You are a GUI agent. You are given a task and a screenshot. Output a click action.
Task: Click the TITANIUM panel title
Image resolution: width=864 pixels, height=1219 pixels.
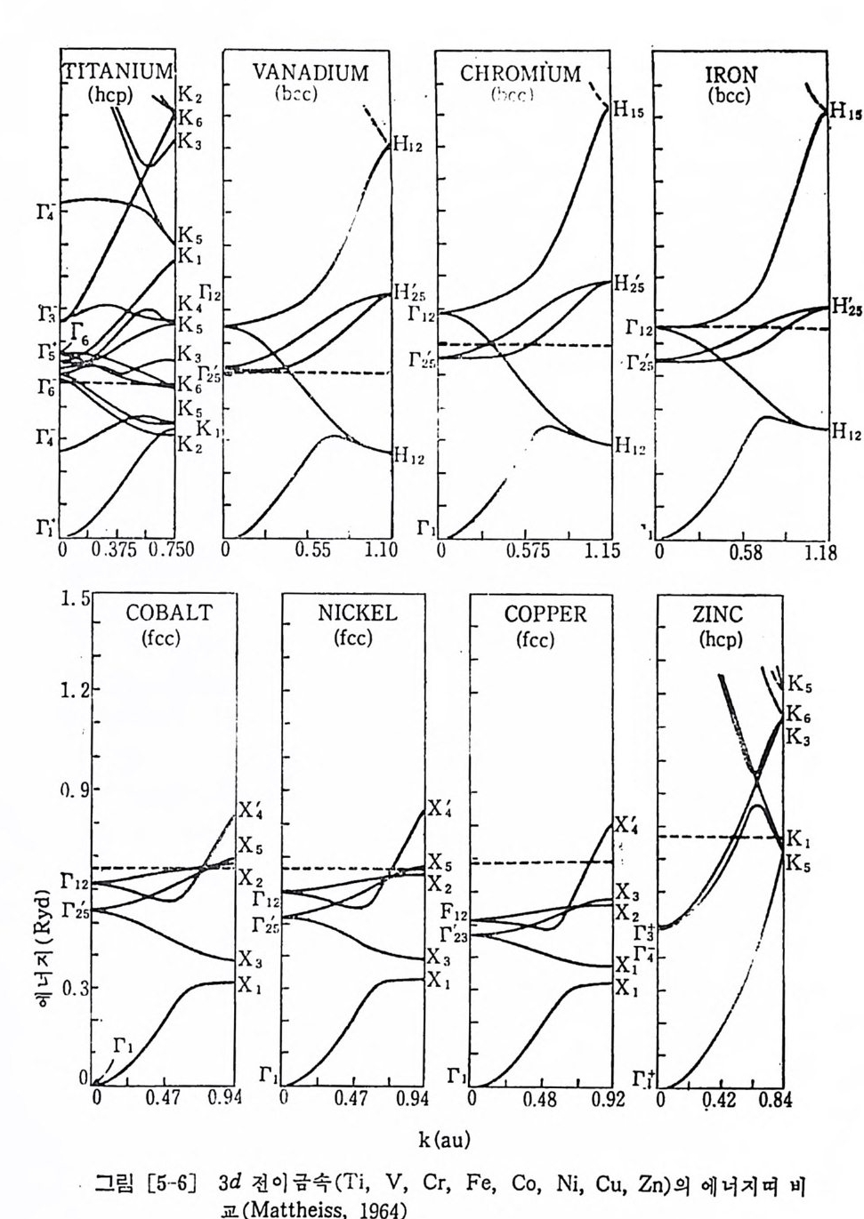tap(117, 70)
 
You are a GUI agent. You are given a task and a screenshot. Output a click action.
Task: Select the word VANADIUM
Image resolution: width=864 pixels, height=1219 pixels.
tap(310, 73)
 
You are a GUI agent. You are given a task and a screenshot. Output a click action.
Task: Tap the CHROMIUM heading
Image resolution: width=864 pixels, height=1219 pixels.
tap(521, 73)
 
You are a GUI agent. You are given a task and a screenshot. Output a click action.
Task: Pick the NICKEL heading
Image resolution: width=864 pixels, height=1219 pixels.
tap(358, 614)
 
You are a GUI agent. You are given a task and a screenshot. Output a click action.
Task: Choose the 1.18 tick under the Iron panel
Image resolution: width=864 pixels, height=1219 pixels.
tap(816, 553)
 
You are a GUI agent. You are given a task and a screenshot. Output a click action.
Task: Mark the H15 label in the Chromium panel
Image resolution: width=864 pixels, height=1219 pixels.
tap(628, 114)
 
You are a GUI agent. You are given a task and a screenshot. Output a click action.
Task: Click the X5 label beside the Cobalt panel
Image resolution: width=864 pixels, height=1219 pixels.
tap(250, 845)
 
